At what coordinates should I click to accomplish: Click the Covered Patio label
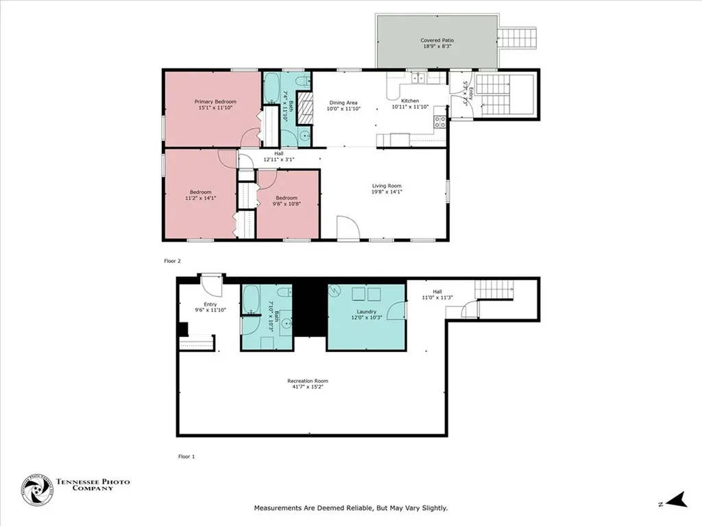pyautogui.click(x=437, y=40)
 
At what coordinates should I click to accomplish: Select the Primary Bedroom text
pyautogui.click(x=210, y=101)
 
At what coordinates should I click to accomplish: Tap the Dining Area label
pyautogui.click(x=342, y=103)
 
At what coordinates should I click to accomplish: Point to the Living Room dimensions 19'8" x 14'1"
pyautogui.click(x=387, y=192)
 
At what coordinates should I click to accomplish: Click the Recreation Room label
pyautogui.click(x=307, y=381)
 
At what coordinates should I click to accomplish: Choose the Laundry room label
pyautogui.click(x=366, y=312)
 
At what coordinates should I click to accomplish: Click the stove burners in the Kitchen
pyautogui.click(x=440, y=122)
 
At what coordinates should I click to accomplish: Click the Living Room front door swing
pyautogui.click(x=347, y=228)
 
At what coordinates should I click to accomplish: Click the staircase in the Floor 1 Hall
pyautogui.click(x=494, y=290)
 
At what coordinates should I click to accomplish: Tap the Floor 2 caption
pyautogui.click(x=172, y=261)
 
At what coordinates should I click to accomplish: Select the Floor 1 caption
pyautogui.click(x=186, y=456)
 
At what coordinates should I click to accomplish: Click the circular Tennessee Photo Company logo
pyautogui.click(x=36, y=490)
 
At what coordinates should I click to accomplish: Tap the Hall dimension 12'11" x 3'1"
pyautogui.click(x=278, y=159)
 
